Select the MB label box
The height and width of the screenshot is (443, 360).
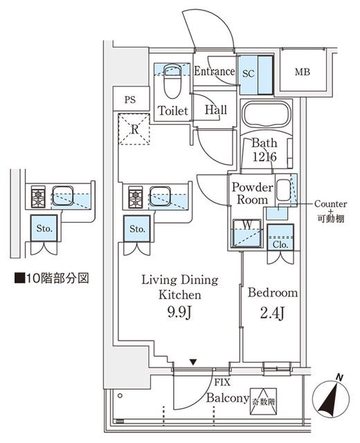(x=302, y=72)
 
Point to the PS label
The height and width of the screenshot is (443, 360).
(x=129, y=100)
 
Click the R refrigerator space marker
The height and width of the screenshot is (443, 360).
(x=135, y=129)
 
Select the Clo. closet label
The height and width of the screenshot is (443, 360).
(x=280, y=243)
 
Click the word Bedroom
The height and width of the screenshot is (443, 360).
(x=273, y=293)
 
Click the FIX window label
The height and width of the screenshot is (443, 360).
(x=222, y=382)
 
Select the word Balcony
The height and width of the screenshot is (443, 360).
(x=226, y=399)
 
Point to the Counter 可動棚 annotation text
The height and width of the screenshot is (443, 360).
(x=330, y=210)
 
